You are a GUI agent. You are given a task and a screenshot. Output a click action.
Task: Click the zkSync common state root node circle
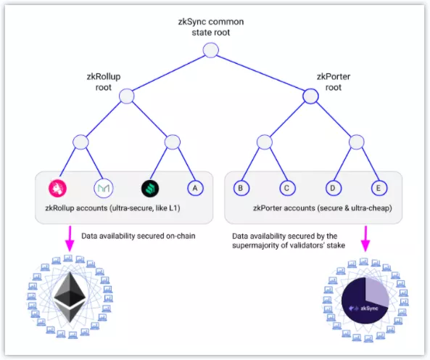(210, 51)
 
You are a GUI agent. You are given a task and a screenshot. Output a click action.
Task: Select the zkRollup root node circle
(127, 96)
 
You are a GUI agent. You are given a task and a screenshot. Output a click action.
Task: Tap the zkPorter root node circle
(310, 96)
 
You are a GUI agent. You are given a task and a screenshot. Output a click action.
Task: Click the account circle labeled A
(195, 188)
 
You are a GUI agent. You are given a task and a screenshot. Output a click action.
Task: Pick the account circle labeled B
(241, 188)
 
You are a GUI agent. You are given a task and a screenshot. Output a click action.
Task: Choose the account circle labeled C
(287, 188)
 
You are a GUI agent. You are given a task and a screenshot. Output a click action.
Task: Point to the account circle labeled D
(333, 188)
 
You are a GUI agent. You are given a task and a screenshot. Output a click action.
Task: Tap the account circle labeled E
(379, 188)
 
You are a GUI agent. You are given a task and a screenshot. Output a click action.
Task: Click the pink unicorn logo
(57, 188)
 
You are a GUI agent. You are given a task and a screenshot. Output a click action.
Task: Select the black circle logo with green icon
(150, 188)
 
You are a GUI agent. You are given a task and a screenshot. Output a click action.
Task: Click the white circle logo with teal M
(104, 188)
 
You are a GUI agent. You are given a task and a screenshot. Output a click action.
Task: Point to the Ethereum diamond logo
(70, 297)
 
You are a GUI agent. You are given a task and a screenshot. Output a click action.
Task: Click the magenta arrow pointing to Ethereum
(70, 238)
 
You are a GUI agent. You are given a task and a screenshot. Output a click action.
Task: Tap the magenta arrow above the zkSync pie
(365, 238)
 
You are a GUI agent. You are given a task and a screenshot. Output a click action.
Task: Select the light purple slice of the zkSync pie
(377, 292)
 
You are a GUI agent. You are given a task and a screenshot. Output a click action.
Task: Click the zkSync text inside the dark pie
(369, 308)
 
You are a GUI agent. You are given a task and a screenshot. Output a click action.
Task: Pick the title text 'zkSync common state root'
(210, 27)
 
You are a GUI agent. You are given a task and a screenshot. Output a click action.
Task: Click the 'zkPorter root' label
(333, 82)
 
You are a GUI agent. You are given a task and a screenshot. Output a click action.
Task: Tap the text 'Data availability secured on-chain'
(138, 236)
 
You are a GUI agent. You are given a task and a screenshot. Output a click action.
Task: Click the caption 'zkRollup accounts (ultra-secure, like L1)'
(112, 208)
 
